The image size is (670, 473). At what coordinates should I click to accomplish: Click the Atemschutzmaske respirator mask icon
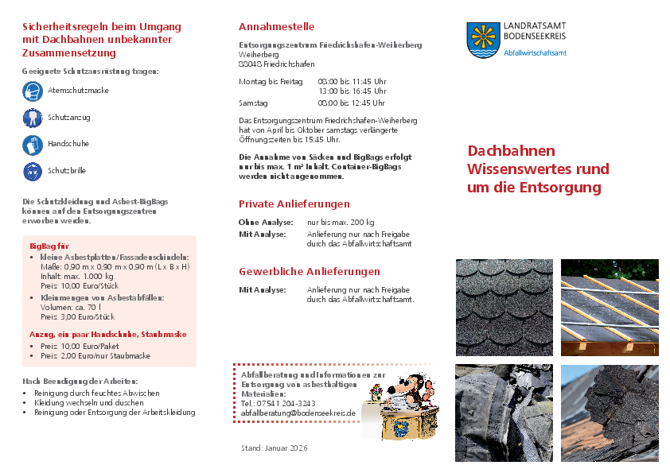click(x=33, y=91)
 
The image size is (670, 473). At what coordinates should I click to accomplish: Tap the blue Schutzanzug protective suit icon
click(x=33, y=118)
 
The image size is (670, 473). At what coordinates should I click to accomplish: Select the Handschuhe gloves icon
click(x=33, y=145)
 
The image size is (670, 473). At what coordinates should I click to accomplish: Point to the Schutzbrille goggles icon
click(x=33, y=171)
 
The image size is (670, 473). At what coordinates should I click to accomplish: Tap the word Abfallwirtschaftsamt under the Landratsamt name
click(x=536, y=52)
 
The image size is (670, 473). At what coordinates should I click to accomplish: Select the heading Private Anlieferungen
click(x=294, y=204)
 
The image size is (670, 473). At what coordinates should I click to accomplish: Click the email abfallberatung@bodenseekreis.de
click(x=298, y=413)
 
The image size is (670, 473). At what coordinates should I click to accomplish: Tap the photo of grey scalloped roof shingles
click(x=504, y=307)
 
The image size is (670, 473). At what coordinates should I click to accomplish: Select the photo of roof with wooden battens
click(x=610, y=307)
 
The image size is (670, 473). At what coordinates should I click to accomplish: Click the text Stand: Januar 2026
click(x=274, y=448)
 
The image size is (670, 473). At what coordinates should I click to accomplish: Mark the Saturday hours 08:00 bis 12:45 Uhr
click(x=352, y=103)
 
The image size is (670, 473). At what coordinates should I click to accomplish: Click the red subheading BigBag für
click(x=49, y=246)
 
